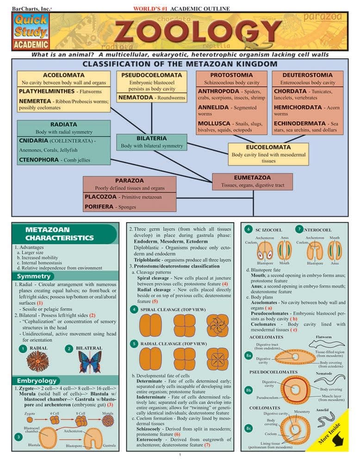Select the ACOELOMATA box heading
tap(63, 75)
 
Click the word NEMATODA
tap(135, 98)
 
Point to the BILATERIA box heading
tap(151, 138)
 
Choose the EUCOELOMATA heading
tap(268, 147)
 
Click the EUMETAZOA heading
tap(252, 177)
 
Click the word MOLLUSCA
tap(214, 124)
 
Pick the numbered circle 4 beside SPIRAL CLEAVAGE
tap(134, 309)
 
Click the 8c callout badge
tap(248, 427)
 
